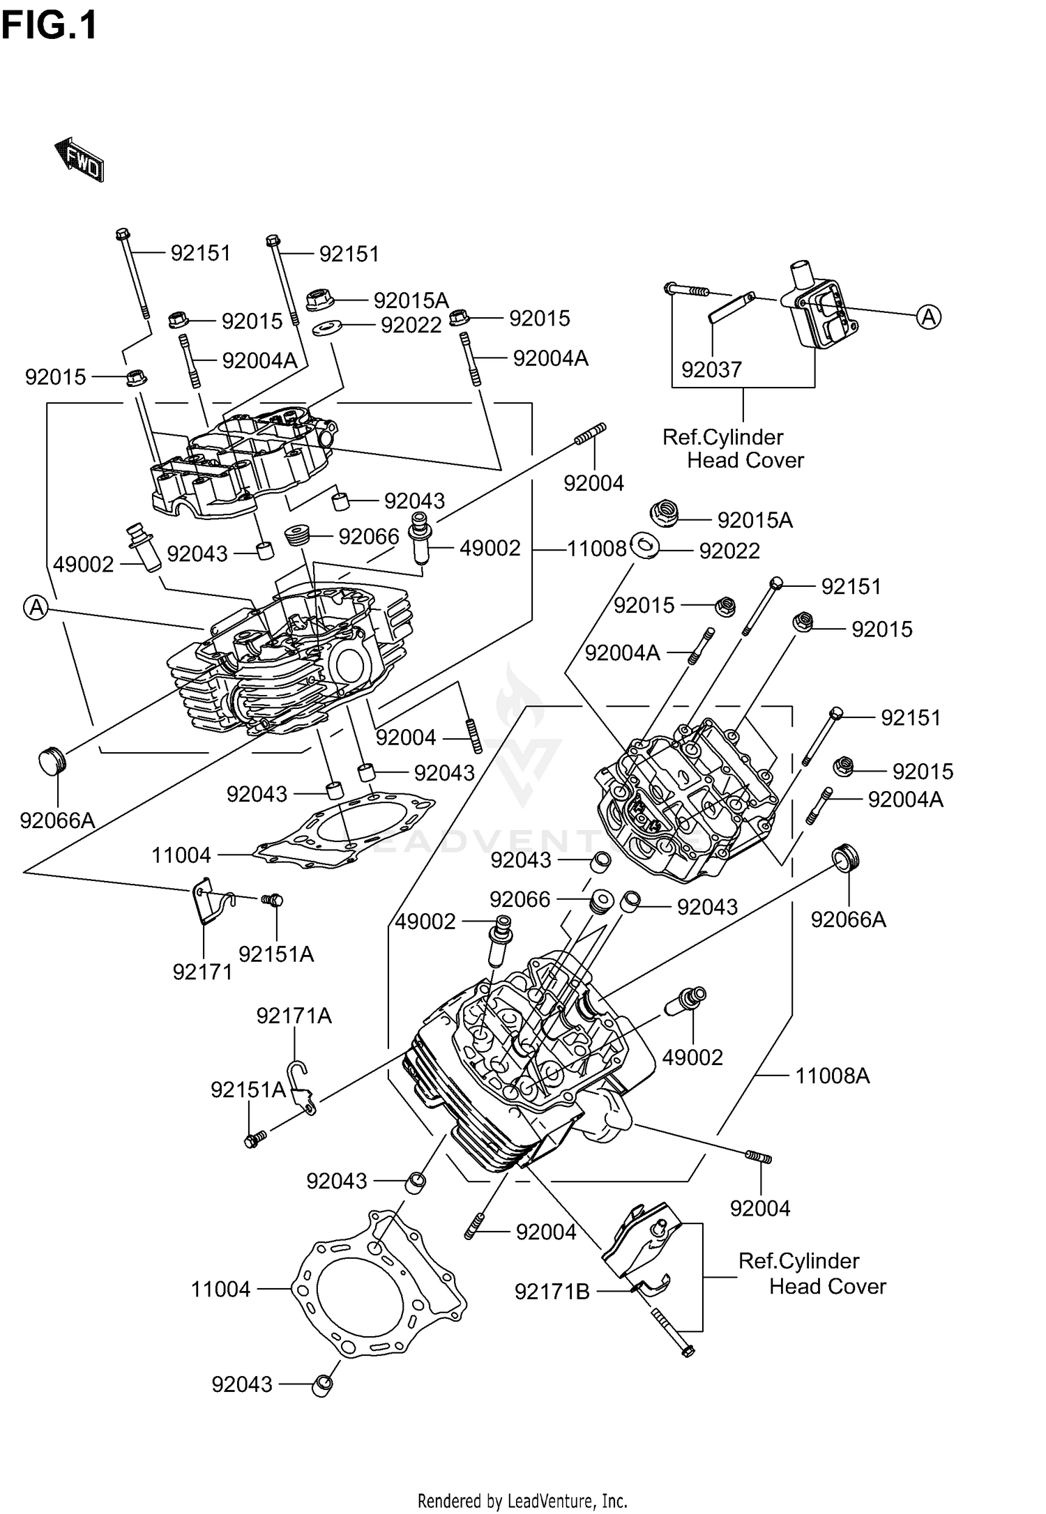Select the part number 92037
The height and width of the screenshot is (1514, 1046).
[x=711, y=369]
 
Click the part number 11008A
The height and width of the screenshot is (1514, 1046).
[x=833, y=1076]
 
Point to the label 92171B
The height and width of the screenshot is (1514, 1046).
[x=552, y=1292]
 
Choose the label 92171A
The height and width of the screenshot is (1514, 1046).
[x=294, y=1016]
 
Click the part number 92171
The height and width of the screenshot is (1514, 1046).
[x=202, y=972]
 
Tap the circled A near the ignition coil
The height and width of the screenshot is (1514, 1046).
[x=928, y=317]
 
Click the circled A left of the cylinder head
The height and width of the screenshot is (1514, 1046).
[x=36, y=608]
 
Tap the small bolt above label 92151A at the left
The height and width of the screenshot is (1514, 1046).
[x=272, y=900]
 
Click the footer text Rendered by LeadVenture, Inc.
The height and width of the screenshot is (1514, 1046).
[x=522, y=1500]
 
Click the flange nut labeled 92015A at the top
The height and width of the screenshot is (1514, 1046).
[x=320, y=300]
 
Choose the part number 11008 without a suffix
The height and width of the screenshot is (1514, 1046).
[x=596, y=549]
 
